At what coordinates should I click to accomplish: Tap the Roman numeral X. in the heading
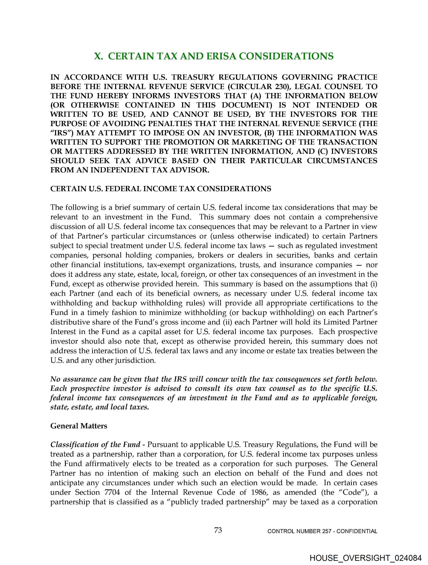98,56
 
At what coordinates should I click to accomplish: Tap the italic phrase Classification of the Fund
95,445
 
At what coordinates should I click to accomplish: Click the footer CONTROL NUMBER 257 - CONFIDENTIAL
322,531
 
